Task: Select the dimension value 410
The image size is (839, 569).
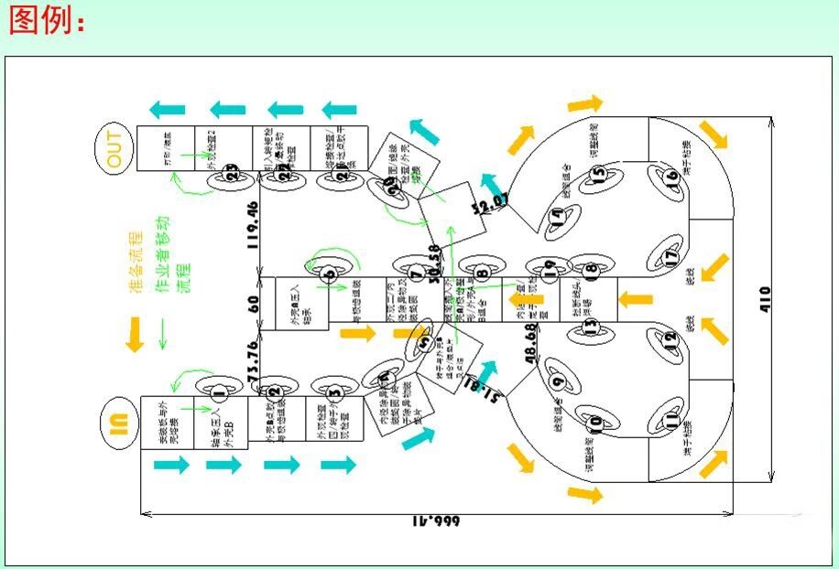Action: (765, 299)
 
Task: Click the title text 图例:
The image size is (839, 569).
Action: (46, 20)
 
